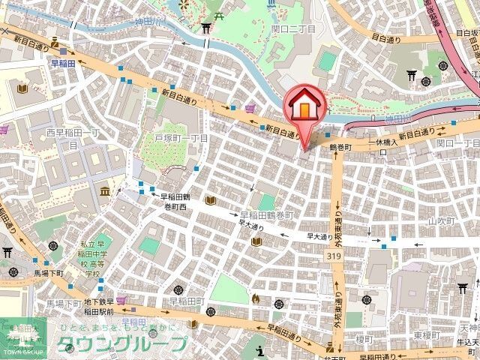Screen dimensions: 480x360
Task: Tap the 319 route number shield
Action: [330, 256]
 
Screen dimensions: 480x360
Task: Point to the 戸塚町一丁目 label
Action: [181, 139]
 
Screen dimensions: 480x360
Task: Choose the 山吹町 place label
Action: [441, 221]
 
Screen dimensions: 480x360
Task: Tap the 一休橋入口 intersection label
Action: [382, 143]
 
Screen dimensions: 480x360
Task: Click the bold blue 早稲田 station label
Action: [63, 64]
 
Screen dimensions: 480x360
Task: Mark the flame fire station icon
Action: [256, 298]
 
